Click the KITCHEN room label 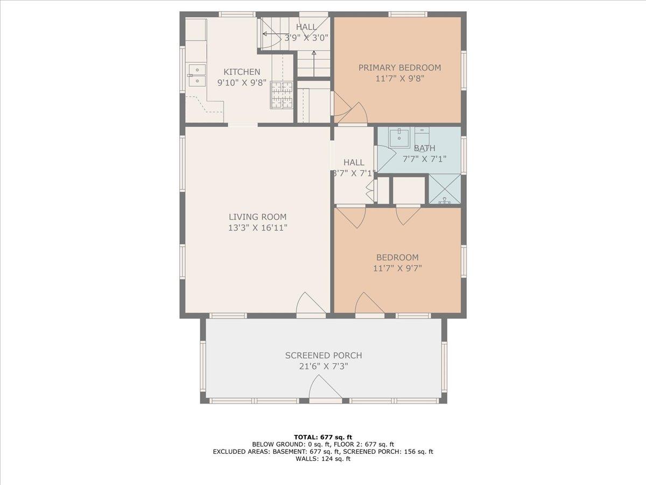click(242, 72)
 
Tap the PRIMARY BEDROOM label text click(399, 68)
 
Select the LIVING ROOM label click(257, 217)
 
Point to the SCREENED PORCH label click(324, 356)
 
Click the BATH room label click(424, 148)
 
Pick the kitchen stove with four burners click(282, 95)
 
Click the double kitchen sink click(197, 75)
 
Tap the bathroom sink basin click(399, 137)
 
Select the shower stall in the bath click(445, 189)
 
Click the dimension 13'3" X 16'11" click(257, 228)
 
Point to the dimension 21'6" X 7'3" click(324, 366)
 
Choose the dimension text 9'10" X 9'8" click(242, 83)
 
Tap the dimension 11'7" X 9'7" click(397, 268)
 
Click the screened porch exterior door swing click(326, 387)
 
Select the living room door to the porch click(311, 303)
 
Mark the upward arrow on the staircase click(314, 64)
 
